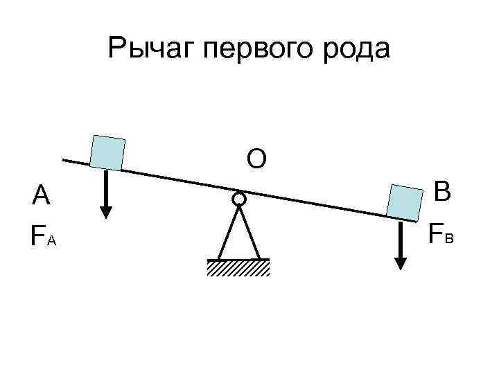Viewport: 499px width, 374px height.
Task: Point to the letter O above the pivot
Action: (x=256, y=159)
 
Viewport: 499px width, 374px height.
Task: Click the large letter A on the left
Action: (x=41, y=197)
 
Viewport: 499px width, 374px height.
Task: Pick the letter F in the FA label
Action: (x=37, y=235)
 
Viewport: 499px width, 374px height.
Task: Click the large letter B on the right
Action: (x=442, y=192)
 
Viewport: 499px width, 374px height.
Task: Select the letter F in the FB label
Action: (x=435, y=233)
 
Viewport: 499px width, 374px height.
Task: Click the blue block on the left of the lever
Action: (x=107, y=152)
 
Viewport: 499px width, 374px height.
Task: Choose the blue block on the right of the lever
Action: (x=405, y=202)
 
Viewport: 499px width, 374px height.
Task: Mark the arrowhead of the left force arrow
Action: (x=106, y=211)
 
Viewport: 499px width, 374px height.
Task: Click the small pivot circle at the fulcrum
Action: (x=238, y=199)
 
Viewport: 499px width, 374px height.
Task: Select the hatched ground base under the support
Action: (x=238, y=267)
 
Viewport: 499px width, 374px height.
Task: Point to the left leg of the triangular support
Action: (x=227, y=233)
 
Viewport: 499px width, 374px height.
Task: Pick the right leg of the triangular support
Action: (x=250, y=233)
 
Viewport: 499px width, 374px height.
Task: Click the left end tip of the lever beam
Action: (x=63, y=160)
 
